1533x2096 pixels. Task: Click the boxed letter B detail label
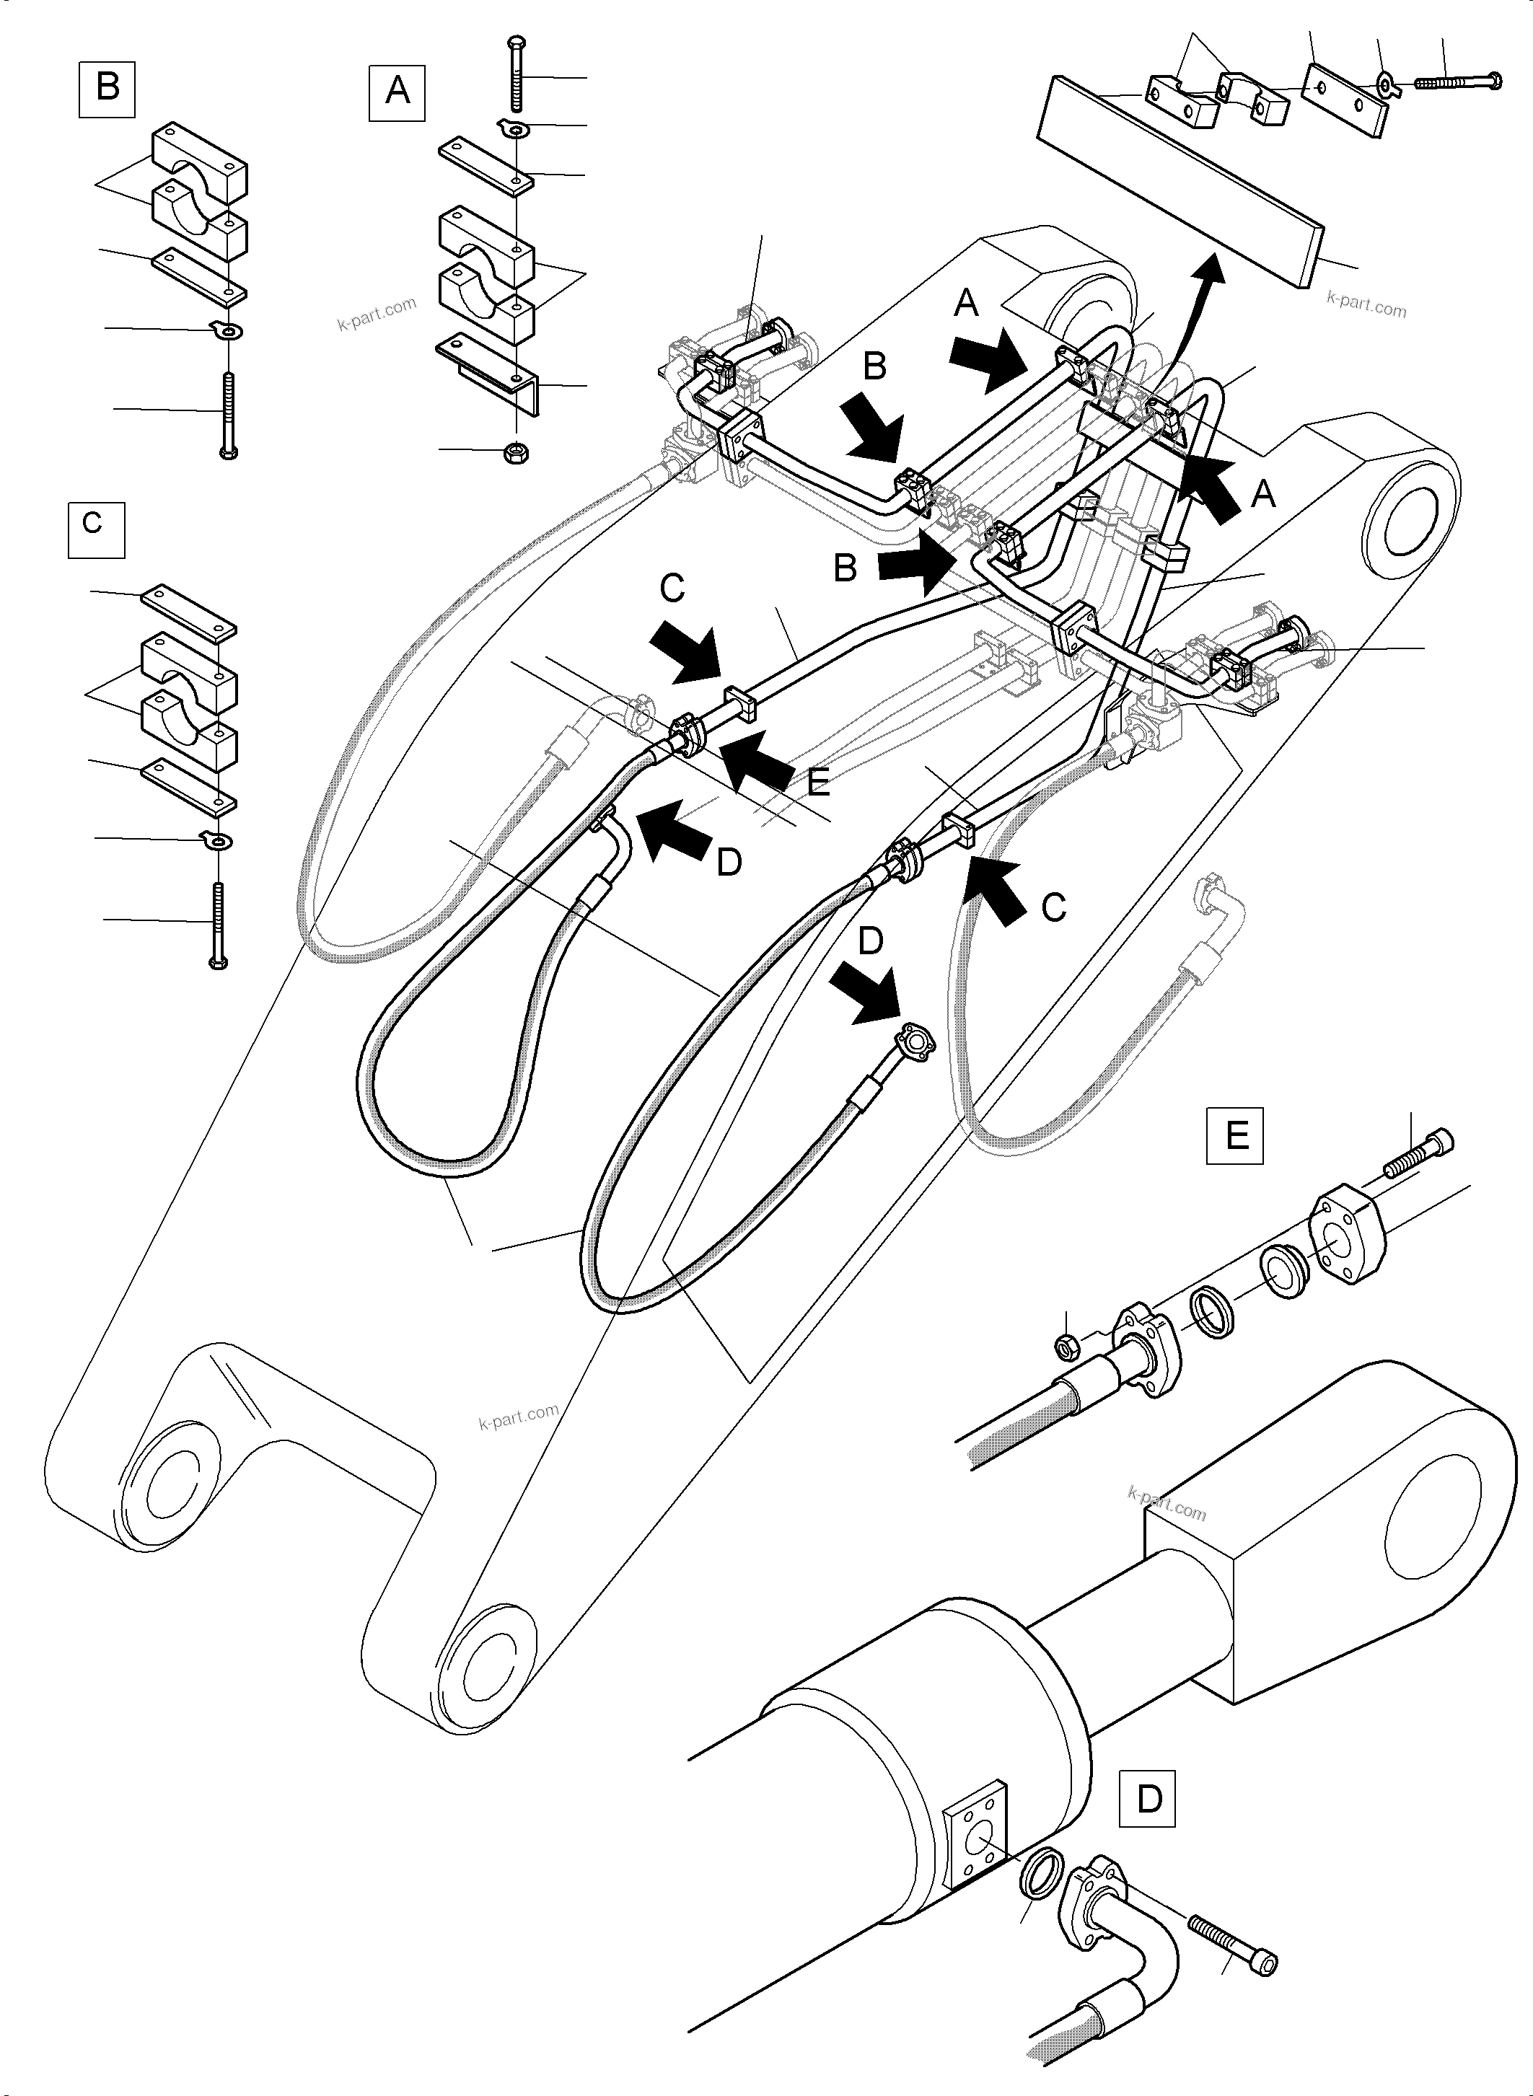coord(107,88)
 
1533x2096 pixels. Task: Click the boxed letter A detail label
coord(397,92)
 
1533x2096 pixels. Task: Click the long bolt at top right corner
coord(1458,82)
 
